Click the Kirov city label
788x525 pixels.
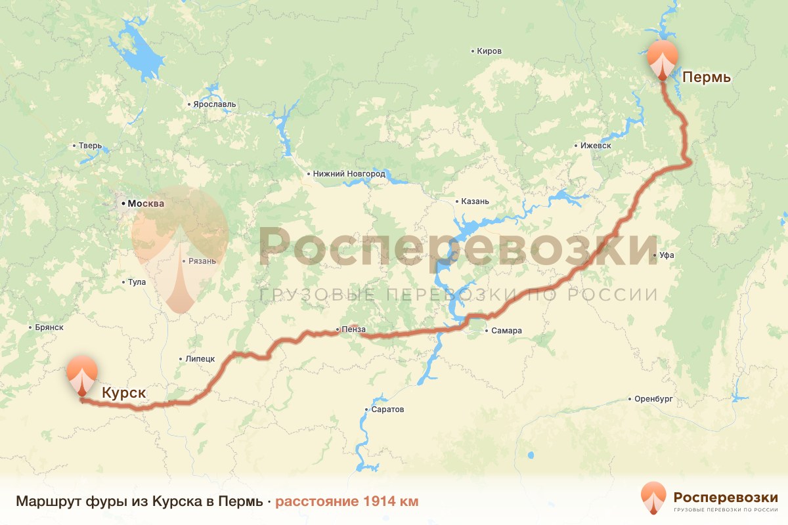click(489, 51)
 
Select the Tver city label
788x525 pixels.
click(89, 146)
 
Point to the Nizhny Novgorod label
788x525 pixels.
click(349, 174)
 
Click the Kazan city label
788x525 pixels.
click(475, 201)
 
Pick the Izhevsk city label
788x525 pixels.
click(596, 146)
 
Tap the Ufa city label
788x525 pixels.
click(668, 255)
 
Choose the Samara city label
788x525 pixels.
click(506, 331)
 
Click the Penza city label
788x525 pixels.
click(353, 329)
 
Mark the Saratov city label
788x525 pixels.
click(388, 409)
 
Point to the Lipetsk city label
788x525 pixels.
click(200, 359)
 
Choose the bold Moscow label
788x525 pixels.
click(146, 203)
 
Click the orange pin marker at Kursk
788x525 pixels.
click(81, 375)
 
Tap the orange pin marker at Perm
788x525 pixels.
click(662, 59)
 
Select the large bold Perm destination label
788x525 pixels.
click(707, 77)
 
